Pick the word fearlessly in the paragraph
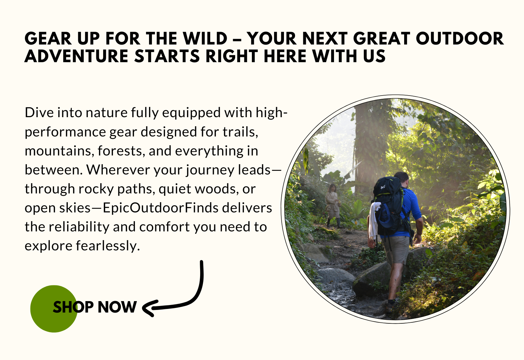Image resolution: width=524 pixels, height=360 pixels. (108, 246)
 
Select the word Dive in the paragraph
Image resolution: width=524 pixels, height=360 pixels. (39, 113)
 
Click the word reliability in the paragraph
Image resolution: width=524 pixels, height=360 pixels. (79, 227)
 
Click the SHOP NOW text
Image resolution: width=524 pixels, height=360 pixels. (95, 307)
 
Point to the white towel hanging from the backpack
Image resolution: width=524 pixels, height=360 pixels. (374, 220)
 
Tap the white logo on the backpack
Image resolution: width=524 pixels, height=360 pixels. (383, 187)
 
